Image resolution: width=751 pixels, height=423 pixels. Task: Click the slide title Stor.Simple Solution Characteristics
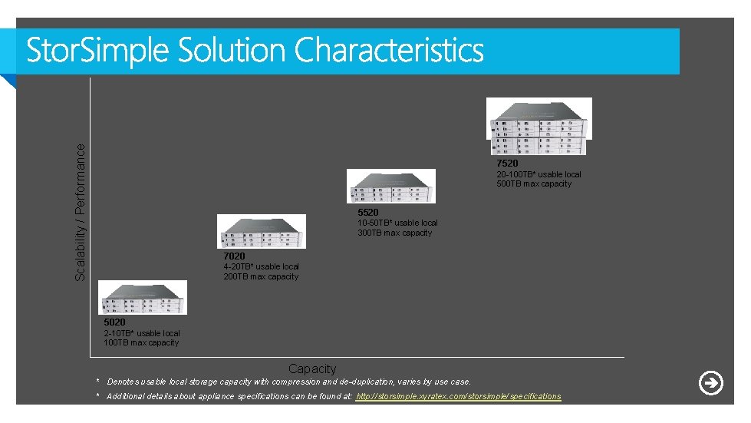pyautogui.click(x=255, y=51)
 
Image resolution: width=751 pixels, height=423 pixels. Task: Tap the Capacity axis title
pyautogui.click(x=312, y=369)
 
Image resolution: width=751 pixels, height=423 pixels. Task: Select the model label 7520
pyautogui.click(x=507, y=164)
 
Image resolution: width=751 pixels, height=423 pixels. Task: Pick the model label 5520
pyautogui.click(x=368, y=212)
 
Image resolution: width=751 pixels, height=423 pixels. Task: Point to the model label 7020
pyautogui.click(x=235, y=256)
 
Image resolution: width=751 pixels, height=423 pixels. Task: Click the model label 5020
pyautogui.click(x=114, y=322)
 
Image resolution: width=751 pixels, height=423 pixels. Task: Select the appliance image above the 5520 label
pyautogui.click(x=391, y=186)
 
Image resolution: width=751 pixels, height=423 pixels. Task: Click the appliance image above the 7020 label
pyautogui.click(x=262, y=231)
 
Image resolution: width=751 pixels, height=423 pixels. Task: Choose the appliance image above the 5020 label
pyautogui.click(x=143, y=298)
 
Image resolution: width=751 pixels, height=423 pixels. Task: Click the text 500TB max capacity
pyautogui.click(x=534, y=184)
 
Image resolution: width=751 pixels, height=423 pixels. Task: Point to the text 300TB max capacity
pyautogui.click(x=395, y=233)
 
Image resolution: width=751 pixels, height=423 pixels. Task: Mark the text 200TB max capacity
pyautogui.click(x=261, y=276)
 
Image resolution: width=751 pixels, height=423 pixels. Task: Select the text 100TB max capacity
pyautogui.click(x=141, y=342)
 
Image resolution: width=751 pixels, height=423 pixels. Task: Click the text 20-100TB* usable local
pyautogui.click(x=539, y=174)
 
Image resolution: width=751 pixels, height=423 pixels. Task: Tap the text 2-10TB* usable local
pyautogui.click(x=142, y=333)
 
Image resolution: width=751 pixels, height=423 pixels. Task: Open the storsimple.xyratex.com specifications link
pyautogui.click(x=459, y=396)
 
